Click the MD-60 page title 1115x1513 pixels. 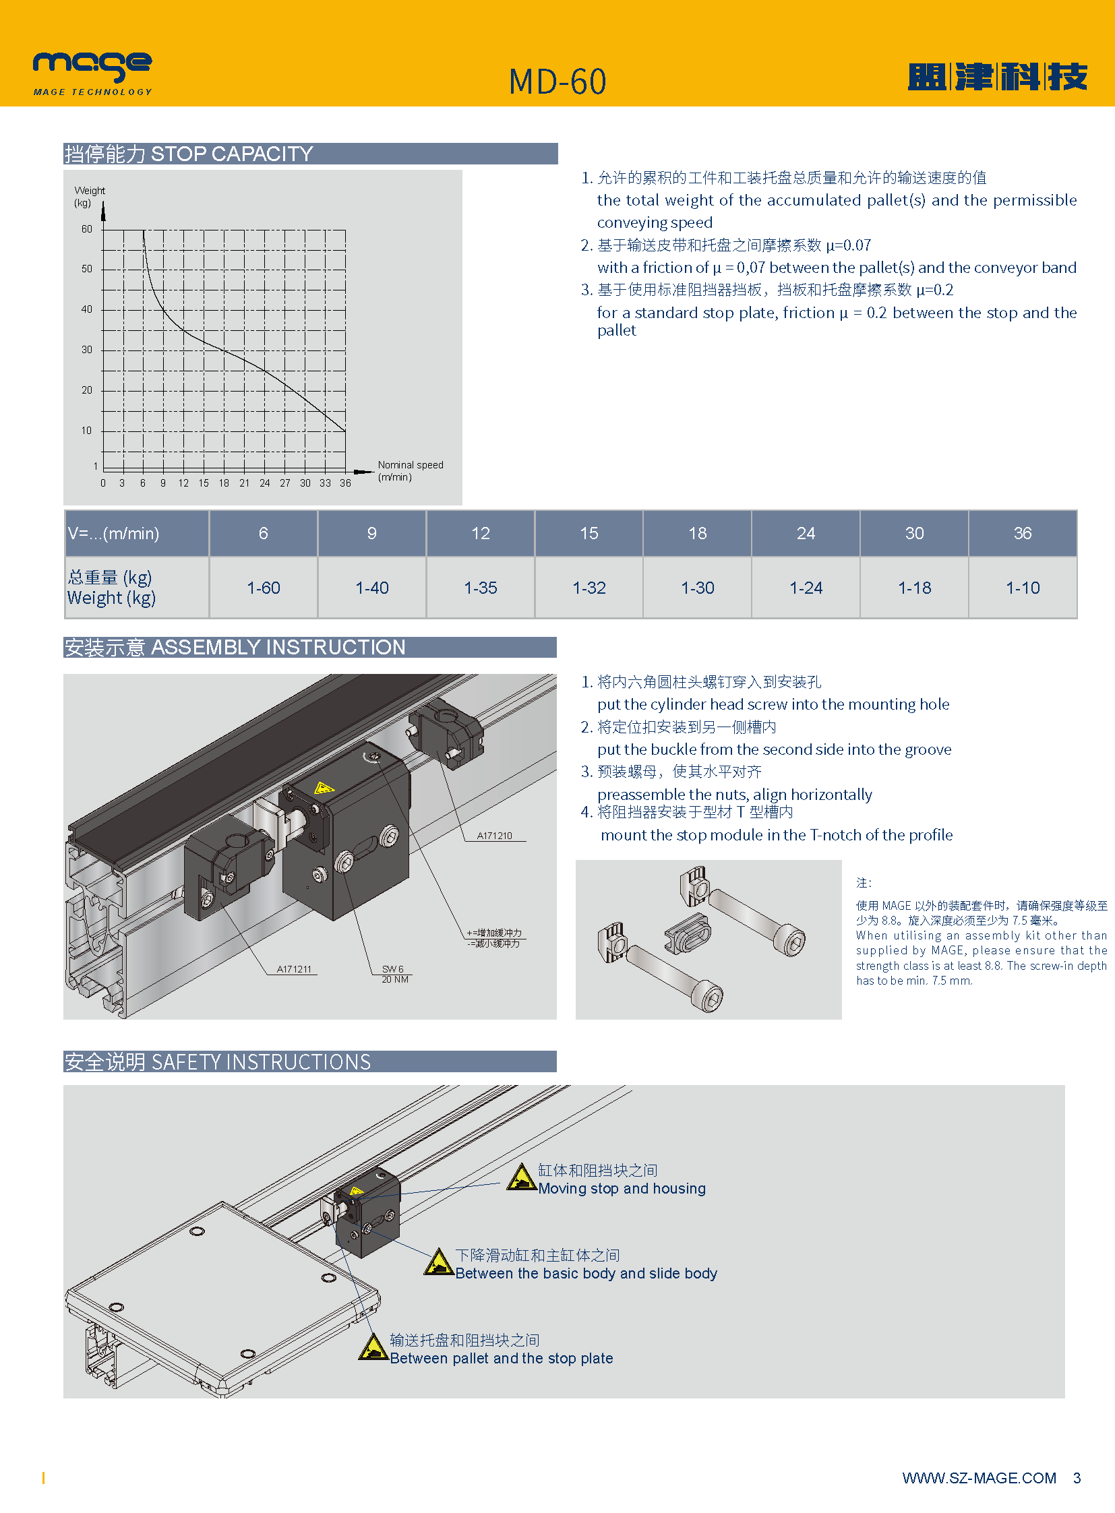(x=557, y=82)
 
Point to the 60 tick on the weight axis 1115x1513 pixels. (x=87, y=229)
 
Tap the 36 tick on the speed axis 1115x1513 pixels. (x=345, y=483)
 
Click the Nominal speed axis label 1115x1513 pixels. (x=410, y=470)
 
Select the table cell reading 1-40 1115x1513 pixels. (x=372, y=588)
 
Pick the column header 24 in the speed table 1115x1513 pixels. (x=805, y=533)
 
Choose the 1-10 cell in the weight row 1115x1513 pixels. (x=1022, y=588)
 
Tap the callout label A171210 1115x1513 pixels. (x=494, y=836)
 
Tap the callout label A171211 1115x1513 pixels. (x=294, y=969)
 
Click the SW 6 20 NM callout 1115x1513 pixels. (x=394, y=974)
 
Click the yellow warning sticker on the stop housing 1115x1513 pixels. (x=324, y=788)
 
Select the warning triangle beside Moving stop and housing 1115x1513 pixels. (x=521, y=1178)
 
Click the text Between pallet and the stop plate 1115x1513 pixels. (x=501, y=1358)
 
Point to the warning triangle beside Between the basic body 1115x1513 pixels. (x=438, y=1263)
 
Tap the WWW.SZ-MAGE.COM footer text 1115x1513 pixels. (x=979, y=1478)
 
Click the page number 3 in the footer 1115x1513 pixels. (x=1077, y=1478)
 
